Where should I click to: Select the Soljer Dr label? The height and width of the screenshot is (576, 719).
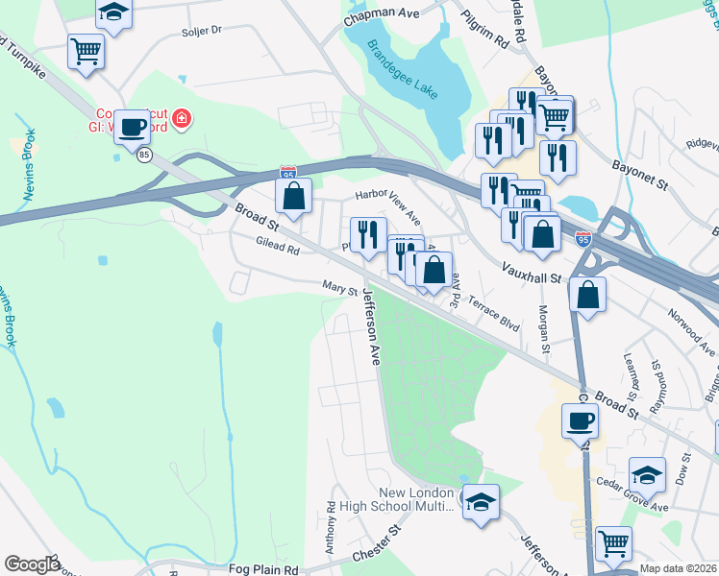coord(201,31)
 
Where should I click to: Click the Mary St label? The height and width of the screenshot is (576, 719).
coord(339,287)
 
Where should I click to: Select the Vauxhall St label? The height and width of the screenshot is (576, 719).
coord(530,270)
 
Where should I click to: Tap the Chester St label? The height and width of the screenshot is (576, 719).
coord(375,545)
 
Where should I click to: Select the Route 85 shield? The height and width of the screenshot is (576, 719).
coord(144,155)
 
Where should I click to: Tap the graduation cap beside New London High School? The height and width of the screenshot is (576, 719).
coord(481,500)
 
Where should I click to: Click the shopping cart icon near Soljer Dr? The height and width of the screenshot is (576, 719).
coord(86,50)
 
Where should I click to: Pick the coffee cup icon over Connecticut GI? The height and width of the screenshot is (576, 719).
coord(132,126)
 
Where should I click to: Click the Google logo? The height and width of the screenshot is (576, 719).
coord(32,564)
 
